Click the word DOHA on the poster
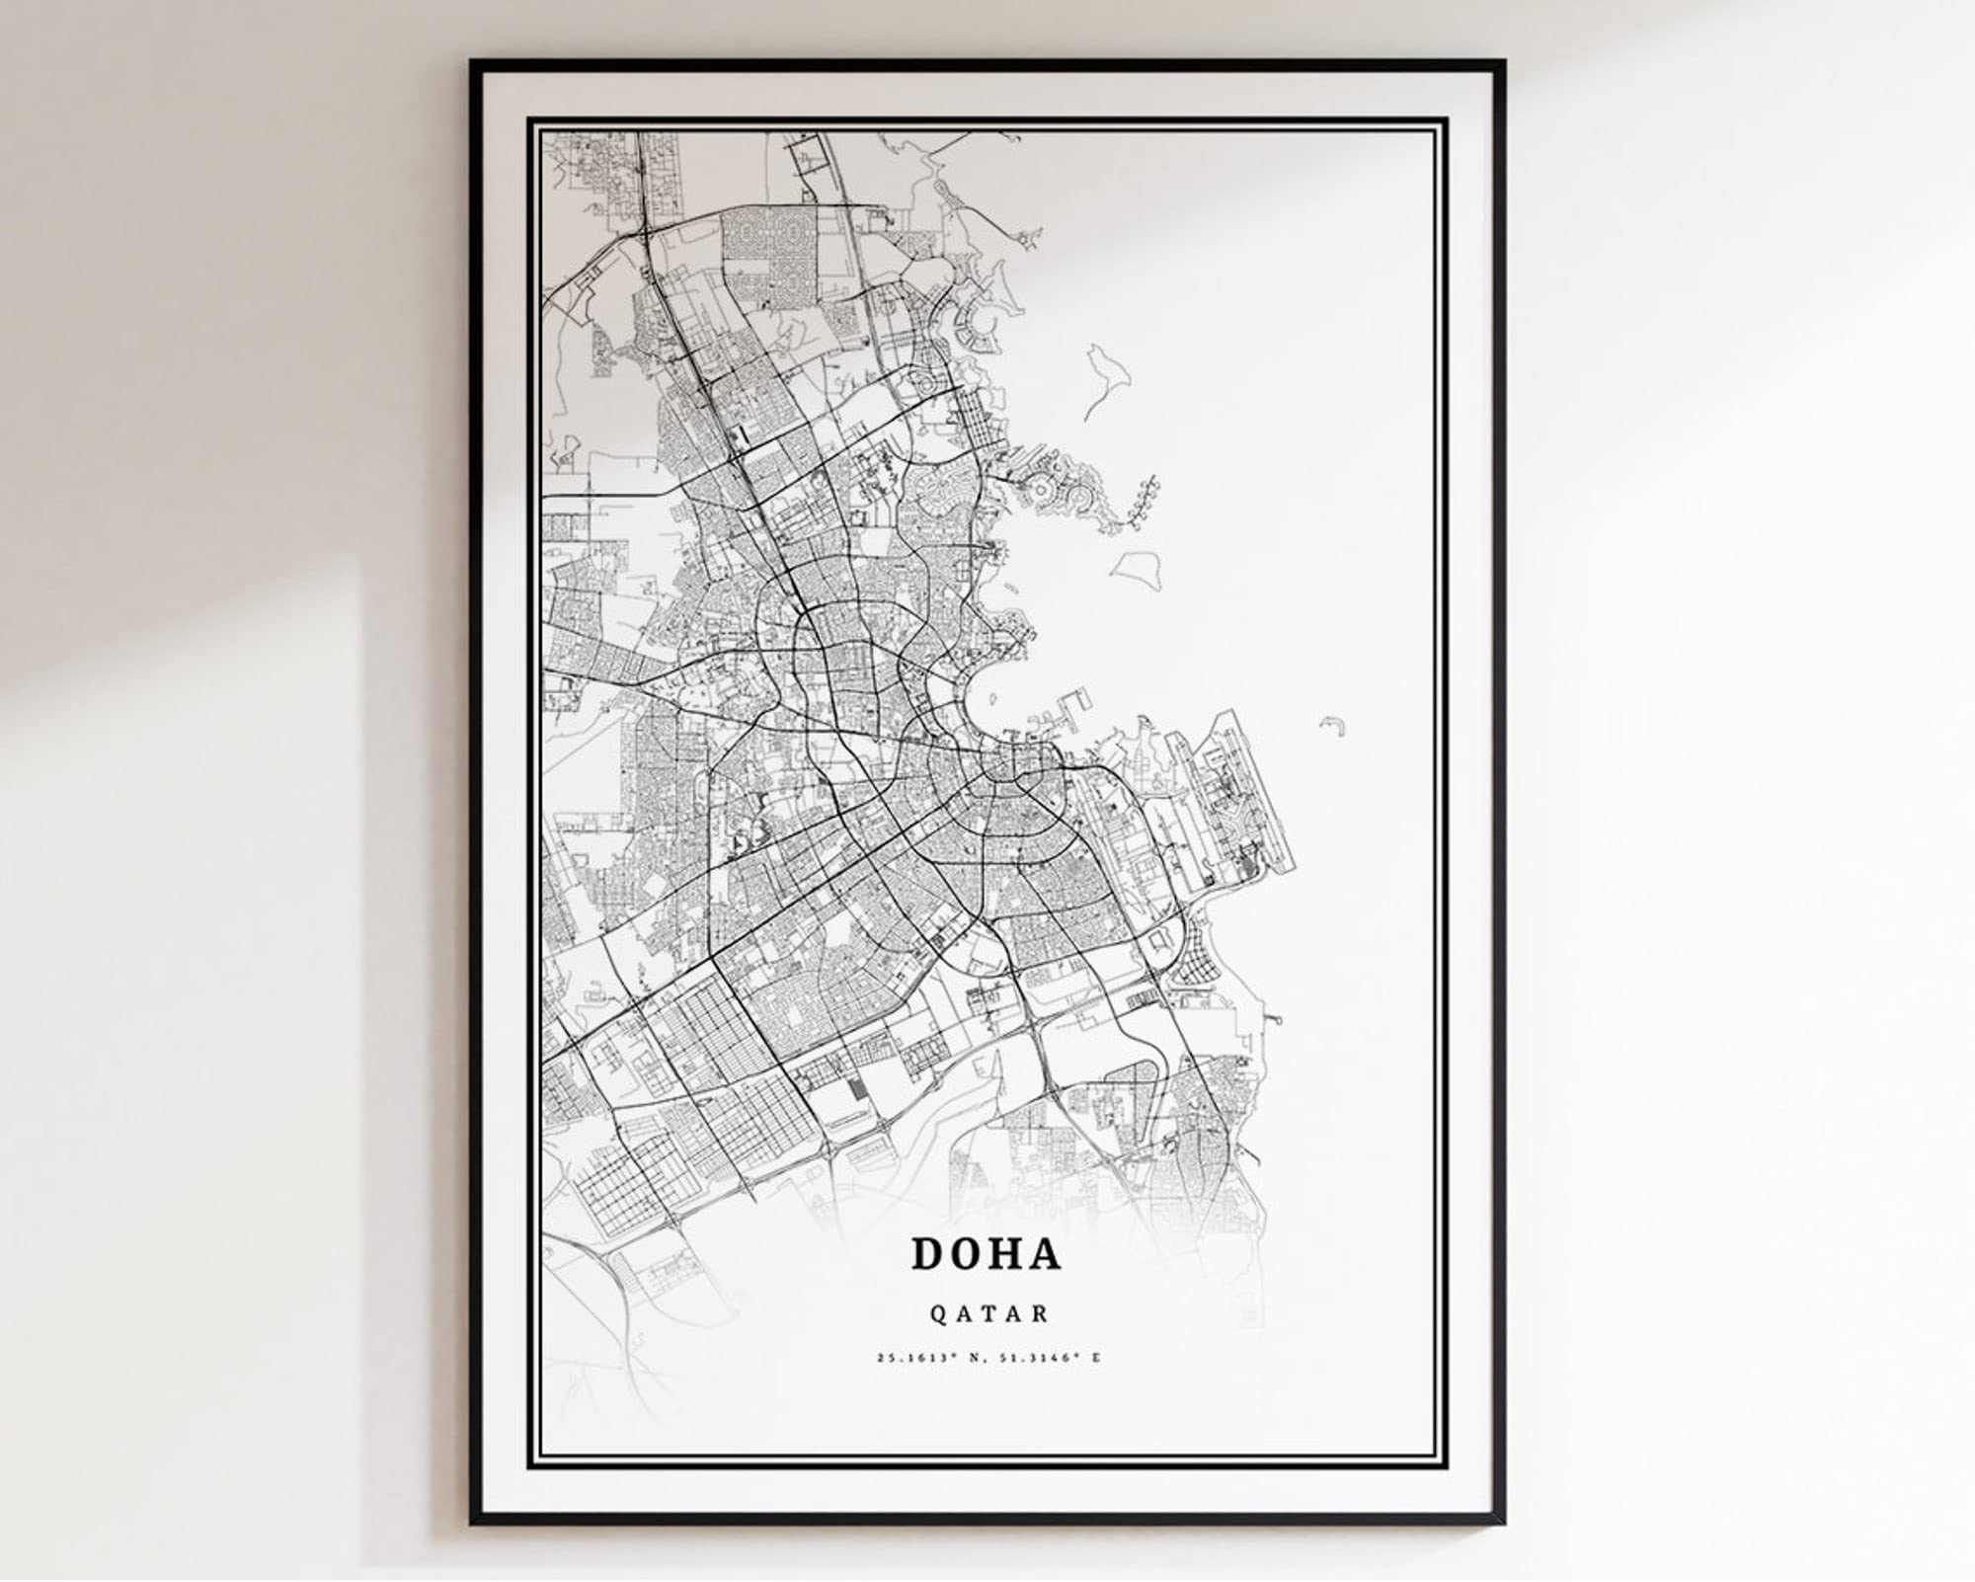coord(986,1253)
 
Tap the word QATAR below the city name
coord(987,1314)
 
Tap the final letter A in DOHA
coord(1045,1253)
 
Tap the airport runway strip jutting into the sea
coord(1246,790)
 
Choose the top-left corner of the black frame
coord(472,62)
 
